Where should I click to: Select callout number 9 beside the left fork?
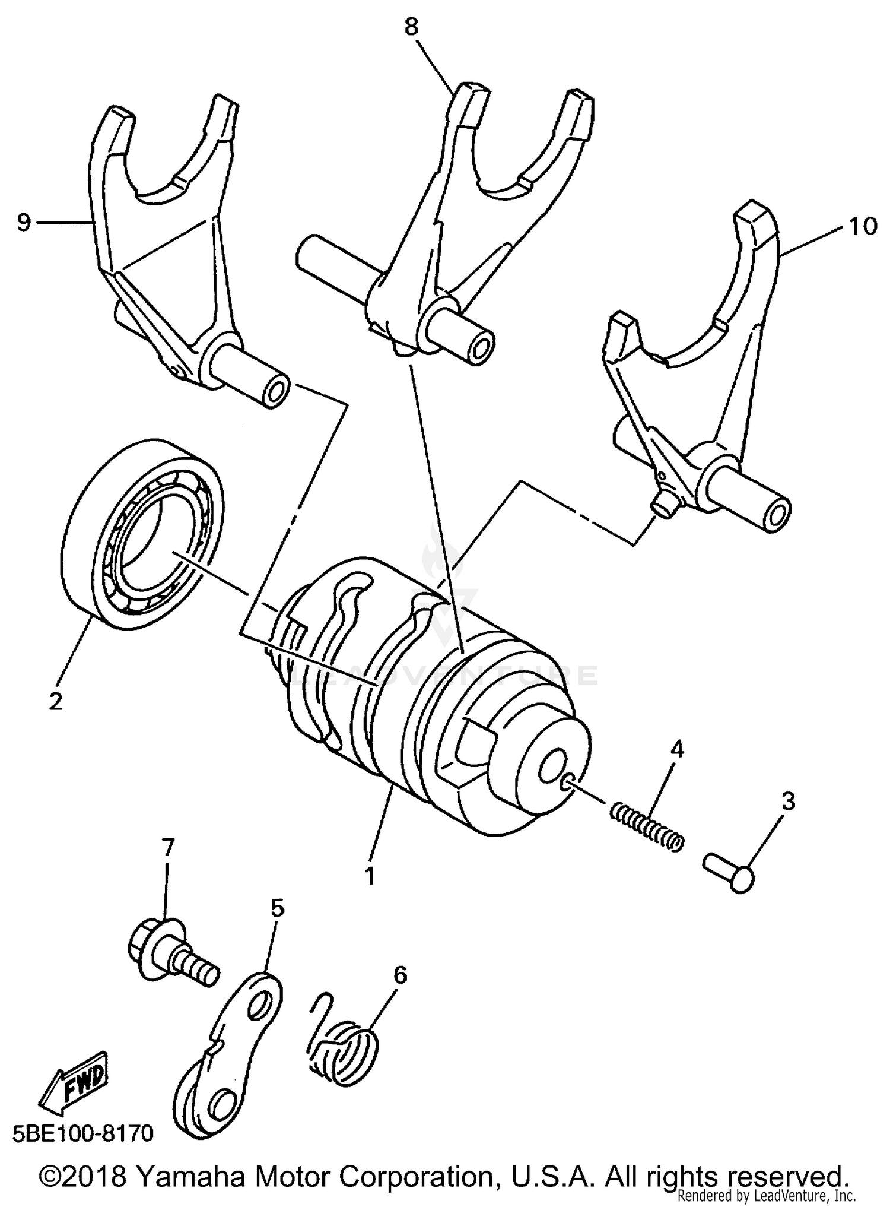pyautogui.click(x=23, y=223)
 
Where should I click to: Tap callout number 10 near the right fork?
pyautogui.click(x=863, y=226)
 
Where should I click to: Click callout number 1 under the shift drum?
pyautogui.click(x=370, y=875)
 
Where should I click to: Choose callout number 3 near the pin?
pyautogui.click(x=787, y=802)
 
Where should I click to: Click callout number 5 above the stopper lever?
pyautogui.click(x=277, y=908)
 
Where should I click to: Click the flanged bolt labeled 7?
pyautogui.click(x=169, y=957)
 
